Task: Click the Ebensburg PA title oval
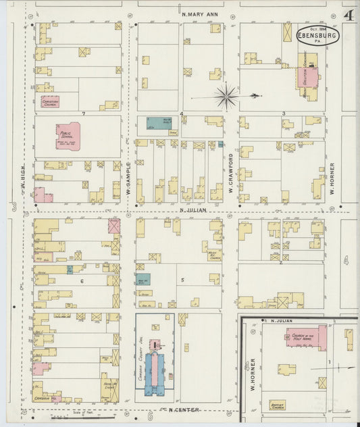pos(317,34)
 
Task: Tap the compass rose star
pos(226,96)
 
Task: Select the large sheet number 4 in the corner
pos(349,16)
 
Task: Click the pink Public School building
pos(68,133)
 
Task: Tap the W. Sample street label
pos(128,180)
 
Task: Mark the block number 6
pos(82,281)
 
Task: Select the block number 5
pos(182,280)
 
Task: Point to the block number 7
pos(83,113)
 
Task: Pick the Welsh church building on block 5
pos(215,255)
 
